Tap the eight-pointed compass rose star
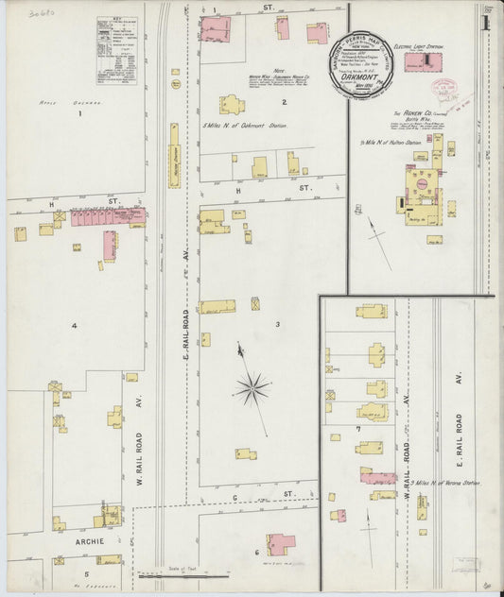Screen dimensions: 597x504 click(252, 385)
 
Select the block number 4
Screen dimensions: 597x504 click(73, 326)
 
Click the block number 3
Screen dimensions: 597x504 click(277, 324)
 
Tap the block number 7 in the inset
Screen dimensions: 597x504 click(358, 429)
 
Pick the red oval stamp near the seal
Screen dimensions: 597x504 click(443, 87)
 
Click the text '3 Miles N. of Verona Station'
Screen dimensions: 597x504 click(446, 483)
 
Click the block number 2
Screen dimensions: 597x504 click(283, 102)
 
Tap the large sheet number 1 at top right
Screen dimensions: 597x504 click(485, 21)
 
